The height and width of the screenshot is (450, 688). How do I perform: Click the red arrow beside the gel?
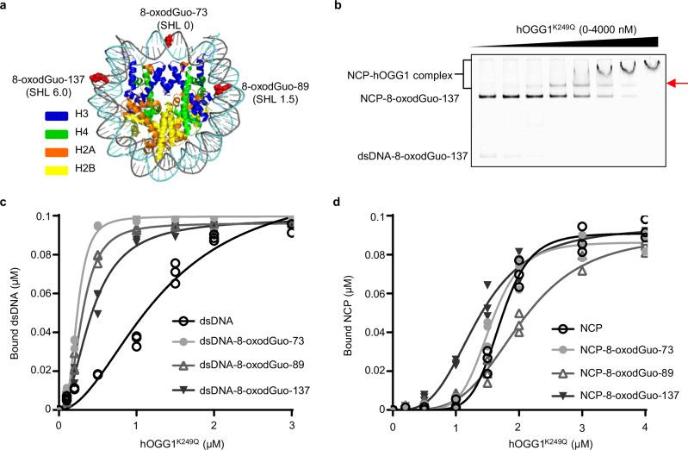point(678,84)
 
